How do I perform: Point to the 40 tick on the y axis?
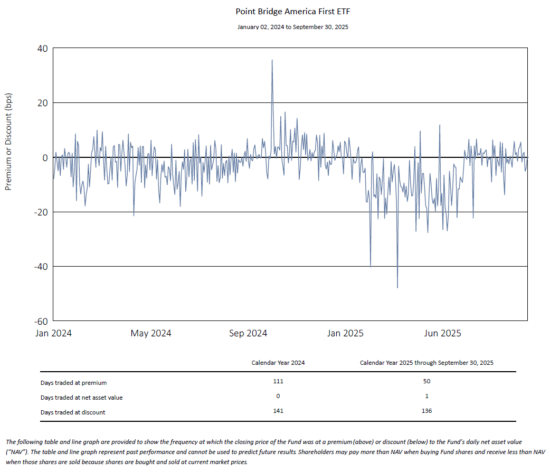[x=42, y=49]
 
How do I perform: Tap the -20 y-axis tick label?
[x=40, y=212]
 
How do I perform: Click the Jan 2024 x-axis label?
[x=54, y=333]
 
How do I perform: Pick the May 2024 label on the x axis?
[x=151, y=333]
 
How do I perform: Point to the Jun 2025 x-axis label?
[x=443, y=333]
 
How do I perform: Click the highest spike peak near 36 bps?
[x=272, y=60]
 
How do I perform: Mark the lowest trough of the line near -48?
[x=397, y=287]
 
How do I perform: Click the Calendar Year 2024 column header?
[x=278, y=363]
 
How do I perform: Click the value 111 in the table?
[x=278, y=381]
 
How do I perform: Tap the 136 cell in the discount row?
[x=426, y=411]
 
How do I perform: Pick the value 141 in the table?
[x=278, y=411]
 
